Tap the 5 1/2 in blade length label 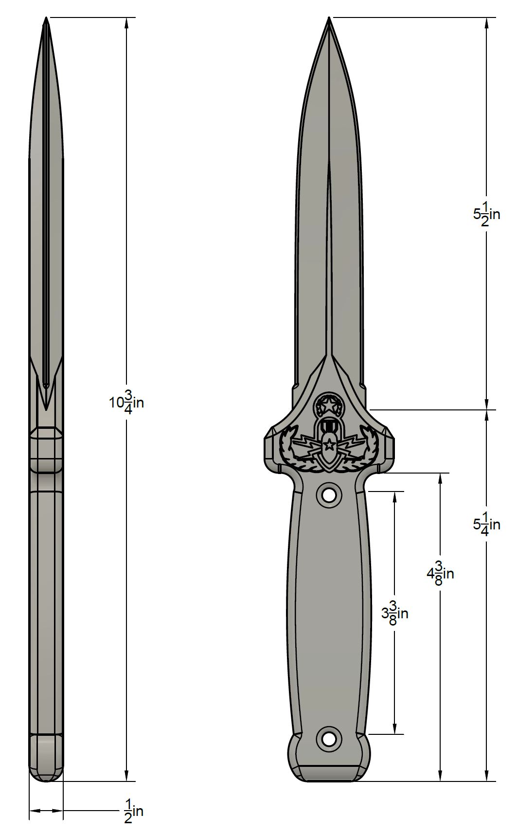tap(486, 215)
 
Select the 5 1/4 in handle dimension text tap(486, 524)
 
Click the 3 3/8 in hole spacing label tap(394, 613)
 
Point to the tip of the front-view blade tap(329, 17)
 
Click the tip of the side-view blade tap(46, 17)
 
